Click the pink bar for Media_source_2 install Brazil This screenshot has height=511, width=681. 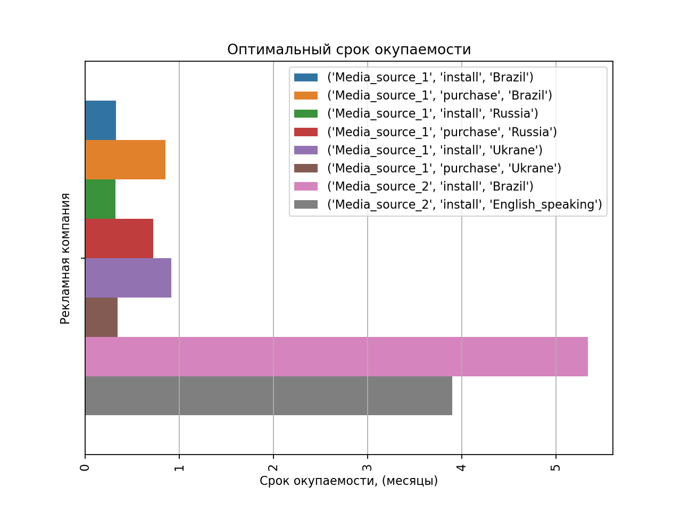click(x=336, y=357)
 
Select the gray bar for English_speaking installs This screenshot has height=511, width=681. click(x=269, y=396)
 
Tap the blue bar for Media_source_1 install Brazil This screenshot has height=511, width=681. click(x=101, y=120)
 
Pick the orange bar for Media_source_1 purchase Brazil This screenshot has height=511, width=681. click(x=125, y=160)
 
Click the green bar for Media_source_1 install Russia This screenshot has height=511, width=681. click(x=100, y=199)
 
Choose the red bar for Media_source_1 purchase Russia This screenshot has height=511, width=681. click(x=119, y=238)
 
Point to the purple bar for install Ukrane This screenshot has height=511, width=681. click(x=128, y=278)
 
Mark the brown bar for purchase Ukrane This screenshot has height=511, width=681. click(x=101, y=317)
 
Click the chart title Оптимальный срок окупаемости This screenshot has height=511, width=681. click(x=349, y=50)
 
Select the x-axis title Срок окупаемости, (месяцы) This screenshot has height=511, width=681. click(x=348, y=481)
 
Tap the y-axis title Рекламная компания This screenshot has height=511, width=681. click(x=65, y=258)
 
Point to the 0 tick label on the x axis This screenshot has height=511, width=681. click(x=85, y=467)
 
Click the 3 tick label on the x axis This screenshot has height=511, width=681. click(x=368, y=467)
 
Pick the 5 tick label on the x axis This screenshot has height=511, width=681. click(x=556, y=467)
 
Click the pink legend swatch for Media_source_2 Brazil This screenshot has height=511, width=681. click(x=306, y=186)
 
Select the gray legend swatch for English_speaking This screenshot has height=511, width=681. click(x=306, y=204)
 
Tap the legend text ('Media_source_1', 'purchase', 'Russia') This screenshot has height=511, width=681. click(x=442, y=132)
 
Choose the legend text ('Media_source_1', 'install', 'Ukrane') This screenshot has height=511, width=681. click(x=435, y=150)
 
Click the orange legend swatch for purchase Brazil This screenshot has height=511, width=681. click(x=306, y=95)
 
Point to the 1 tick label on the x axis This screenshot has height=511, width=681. click(x=179, y=467)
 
